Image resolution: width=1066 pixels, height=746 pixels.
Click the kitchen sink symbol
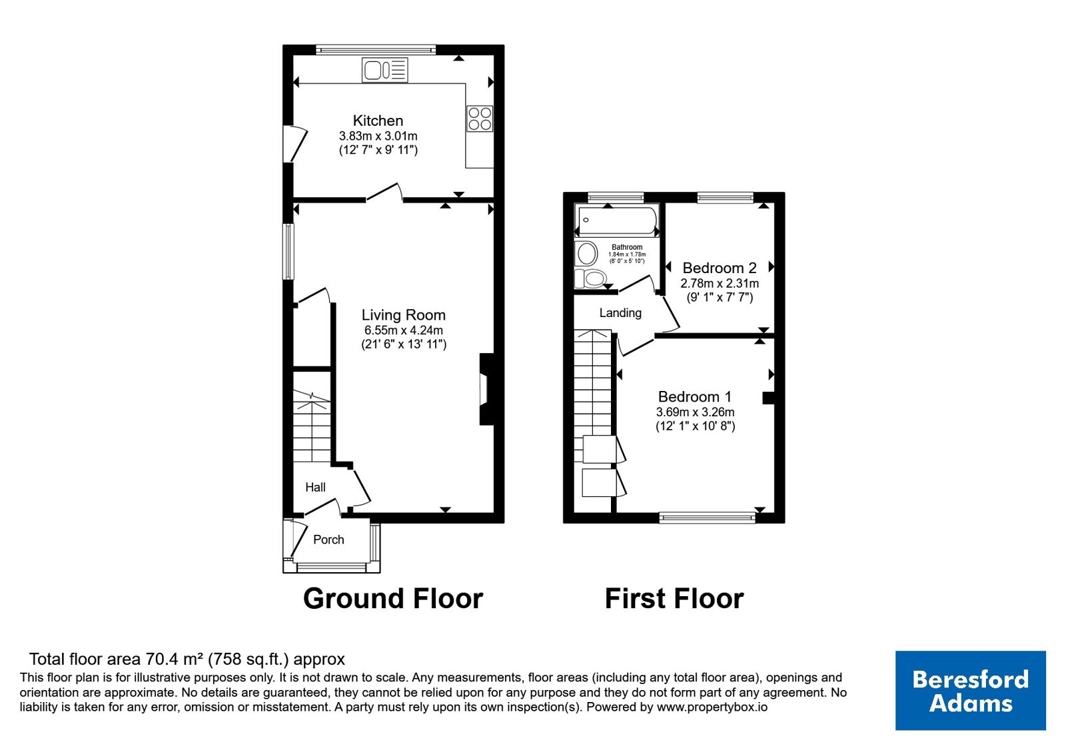coord(384,71)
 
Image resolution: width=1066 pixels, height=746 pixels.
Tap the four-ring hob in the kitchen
coord(480,119)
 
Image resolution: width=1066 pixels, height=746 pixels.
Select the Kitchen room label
coord(378,121)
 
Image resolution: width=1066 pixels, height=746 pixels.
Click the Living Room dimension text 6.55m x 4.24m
coord(404,330)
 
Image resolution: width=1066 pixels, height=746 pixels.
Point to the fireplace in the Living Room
coord(486,389)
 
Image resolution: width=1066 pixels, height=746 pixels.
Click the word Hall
coord(316,487)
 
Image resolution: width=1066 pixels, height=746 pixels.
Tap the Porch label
coord(328,540)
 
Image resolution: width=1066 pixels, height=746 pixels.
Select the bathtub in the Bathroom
coord(617,220)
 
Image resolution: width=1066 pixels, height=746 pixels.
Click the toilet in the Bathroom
coord(590,278)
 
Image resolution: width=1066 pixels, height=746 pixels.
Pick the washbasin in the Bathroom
coord(586,253)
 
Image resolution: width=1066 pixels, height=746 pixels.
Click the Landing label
coord(620,312)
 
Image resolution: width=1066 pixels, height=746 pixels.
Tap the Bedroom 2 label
coord(719,268)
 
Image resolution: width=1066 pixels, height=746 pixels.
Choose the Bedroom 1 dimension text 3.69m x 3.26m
coord(696,412)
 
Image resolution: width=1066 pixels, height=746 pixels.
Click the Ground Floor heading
coord(393,599)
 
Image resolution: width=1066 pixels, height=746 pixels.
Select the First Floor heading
coord(674,599)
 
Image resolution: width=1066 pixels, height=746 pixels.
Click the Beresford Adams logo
coord(970,690)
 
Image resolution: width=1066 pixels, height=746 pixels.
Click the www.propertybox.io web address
coord(712,707)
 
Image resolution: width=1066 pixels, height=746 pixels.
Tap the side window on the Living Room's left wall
coord(288,252)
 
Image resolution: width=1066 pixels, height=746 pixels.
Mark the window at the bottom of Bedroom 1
coord(707,518)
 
